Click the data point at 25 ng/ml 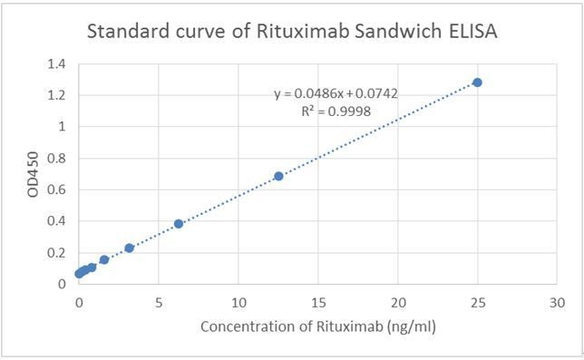477,83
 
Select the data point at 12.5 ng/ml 278,176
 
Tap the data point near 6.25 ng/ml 179,223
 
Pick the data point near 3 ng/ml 129,248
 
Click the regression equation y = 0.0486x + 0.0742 336,93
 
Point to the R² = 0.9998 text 336,112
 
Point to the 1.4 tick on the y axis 57,64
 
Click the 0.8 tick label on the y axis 57,158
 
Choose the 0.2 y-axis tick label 57,252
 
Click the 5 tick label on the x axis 159,301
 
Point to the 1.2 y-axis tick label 57,95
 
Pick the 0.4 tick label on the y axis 57,220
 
